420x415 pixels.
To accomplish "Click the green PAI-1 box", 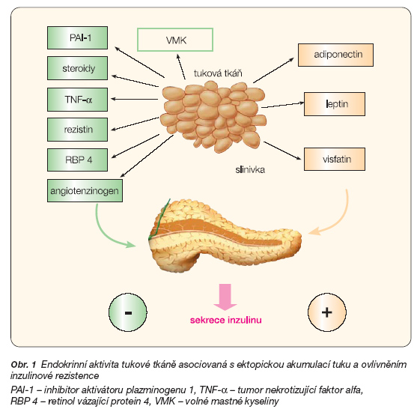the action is [x=77, y=37].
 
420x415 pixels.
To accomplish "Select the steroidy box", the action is [x=77, y=68].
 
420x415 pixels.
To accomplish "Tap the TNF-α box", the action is [x=77, y=100].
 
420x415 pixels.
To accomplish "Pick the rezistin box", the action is [x=77, y=130].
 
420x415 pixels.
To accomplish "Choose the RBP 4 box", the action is [x=77, y=160].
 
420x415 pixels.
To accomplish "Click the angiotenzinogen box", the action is [x=85, y=190].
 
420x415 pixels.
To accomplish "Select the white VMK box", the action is [x=175, y=40].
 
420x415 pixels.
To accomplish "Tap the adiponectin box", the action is [x=335, y=55].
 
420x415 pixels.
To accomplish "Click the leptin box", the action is [x=335, y=104].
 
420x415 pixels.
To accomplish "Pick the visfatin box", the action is [x=335, y=159].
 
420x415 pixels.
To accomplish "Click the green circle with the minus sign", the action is [x=128, y=312].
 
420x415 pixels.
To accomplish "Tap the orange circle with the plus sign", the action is [x=327, y=312].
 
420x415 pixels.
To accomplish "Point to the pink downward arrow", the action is [x=225, y=297].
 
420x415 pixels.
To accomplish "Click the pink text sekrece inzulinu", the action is [x=226, y=320].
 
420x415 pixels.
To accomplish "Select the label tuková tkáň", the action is [x=218, y=73].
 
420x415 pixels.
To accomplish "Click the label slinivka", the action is [x=250, y=170].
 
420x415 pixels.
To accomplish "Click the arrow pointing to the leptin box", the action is [x=283, y=105].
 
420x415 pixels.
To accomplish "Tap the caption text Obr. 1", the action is [x=23, y=365].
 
